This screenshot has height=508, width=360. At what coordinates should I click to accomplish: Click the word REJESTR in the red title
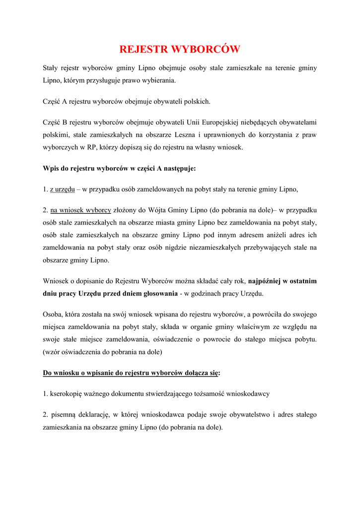coord(144,49)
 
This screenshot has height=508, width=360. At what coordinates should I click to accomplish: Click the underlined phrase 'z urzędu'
coord(62,189)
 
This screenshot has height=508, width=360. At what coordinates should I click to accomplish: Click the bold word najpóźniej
coord(269,281)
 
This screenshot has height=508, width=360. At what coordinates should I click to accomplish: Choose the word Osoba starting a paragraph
coord(53,314)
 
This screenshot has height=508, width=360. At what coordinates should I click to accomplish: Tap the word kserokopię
coord(67,393)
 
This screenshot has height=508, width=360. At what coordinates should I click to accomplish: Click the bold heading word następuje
coord(180,168)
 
